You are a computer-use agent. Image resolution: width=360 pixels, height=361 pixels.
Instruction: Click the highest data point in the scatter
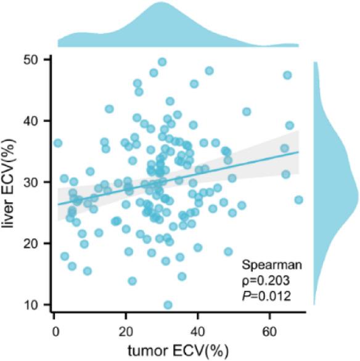[162, 62]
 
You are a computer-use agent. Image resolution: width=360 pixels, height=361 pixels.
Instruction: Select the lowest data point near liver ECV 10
[168, 305]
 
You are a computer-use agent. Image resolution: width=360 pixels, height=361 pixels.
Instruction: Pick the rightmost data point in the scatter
[298, 200]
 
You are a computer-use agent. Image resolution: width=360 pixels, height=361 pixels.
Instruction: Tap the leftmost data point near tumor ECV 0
[58, 143]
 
